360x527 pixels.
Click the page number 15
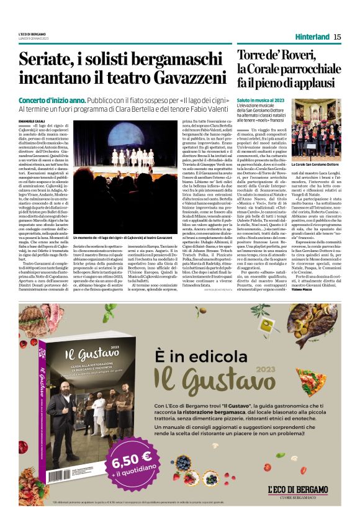[x=337, y=37]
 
